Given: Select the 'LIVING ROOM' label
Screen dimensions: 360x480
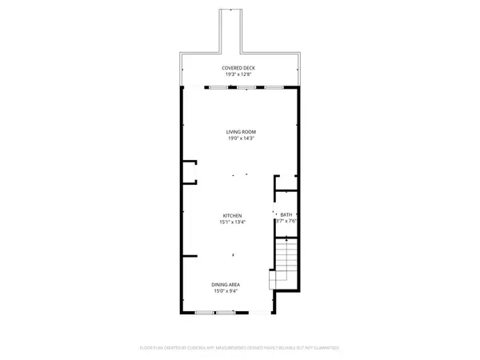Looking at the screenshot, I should point(241,131).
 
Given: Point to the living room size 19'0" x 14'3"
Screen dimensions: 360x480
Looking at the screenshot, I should point(241,138).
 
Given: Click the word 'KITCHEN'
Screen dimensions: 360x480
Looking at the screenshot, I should point(232,215).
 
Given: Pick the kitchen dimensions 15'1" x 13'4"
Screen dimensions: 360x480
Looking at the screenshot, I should point(232,222).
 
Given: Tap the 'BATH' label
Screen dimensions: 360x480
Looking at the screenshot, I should point(286,215).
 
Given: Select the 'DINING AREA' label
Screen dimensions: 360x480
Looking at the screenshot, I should point(226,284).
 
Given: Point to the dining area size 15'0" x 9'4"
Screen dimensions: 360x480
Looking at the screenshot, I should point(226,291).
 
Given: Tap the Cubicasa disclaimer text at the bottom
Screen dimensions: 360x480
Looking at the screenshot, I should point(240,348).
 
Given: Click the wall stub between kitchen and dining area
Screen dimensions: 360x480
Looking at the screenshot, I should point(190,256).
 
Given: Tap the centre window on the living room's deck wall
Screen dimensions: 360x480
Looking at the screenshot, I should point(246,86).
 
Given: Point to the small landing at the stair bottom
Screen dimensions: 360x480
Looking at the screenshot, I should point(274,281).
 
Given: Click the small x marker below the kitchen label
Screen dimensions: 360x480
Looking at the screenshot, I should point(232,255).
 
